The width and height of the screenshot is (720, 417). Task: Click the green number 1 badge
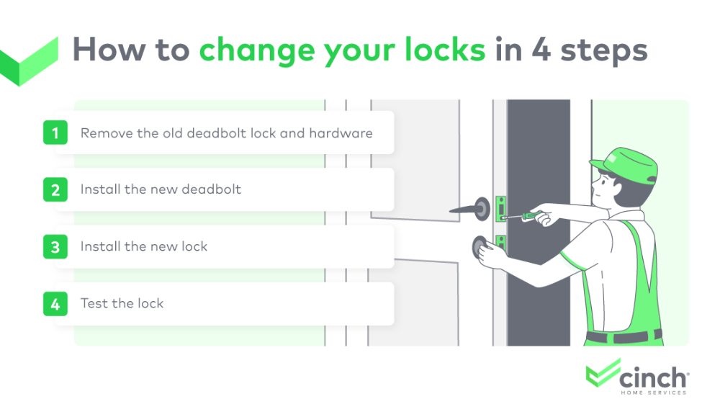(x=55, y=133)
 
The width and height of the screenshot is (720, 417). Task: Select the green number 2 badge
(x=55, y=189)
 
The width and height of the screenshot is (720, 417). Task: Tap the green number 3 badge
(x=55, y=247)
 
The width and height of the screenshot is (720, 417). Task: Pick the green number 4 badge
(x=55, y=303)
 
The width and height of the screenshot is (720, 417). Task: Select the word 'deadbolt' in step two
(x=212, y=189)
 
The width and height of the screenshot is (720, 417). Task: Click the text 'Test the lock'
(x=122, y=303)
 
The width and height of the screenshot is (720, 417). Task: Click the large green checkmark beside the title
(x=29, y=61)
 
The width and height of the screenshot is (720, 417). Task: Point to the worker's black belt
(x=623, y=336)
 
